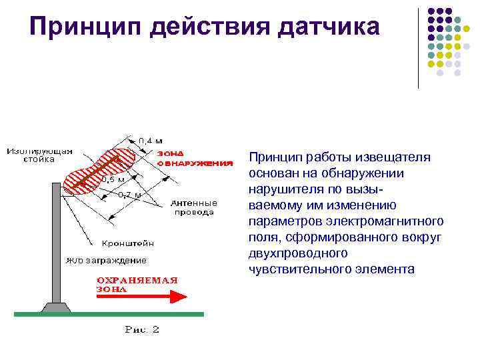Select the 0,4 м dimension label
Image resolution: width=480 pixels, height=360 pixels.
(151, 141)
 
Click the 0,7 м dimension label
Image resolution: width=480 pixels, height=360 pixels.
(129, 195)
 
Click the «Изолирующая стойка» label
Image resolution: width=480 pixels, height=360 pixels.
(39, 155)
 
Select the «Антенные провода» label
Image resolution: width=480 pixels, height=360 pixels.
(194, 207)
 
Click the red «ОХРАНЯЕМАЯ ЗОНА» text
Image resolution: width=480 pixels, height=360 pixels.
(137, 284)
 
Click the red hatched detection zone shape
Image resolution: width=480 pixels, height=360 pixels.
(100, 171)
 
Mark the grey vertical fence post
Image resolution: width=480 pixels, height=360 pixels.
(56, 240)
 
